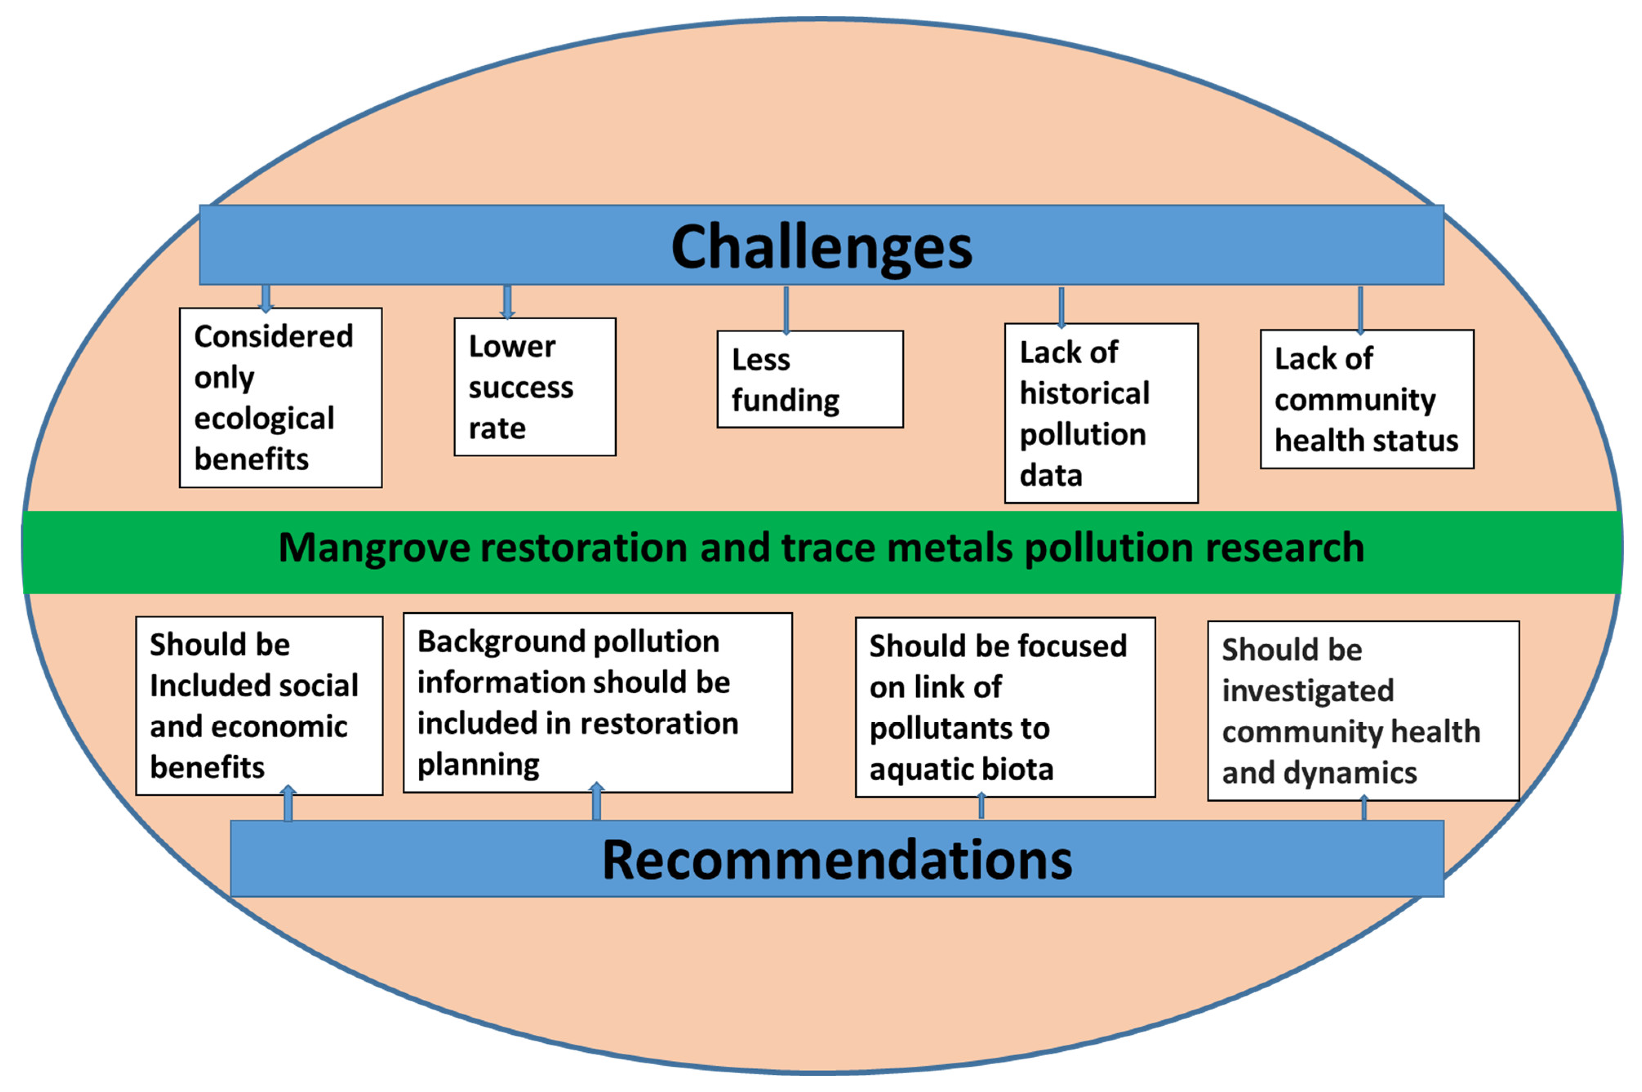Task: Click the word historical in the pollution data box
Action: (1084, 394)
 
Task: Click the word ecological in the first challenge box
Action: (264, 418)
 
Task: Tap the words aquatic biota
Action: (960, 770)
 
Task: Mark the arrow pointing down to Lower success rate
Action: (507, 302)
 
